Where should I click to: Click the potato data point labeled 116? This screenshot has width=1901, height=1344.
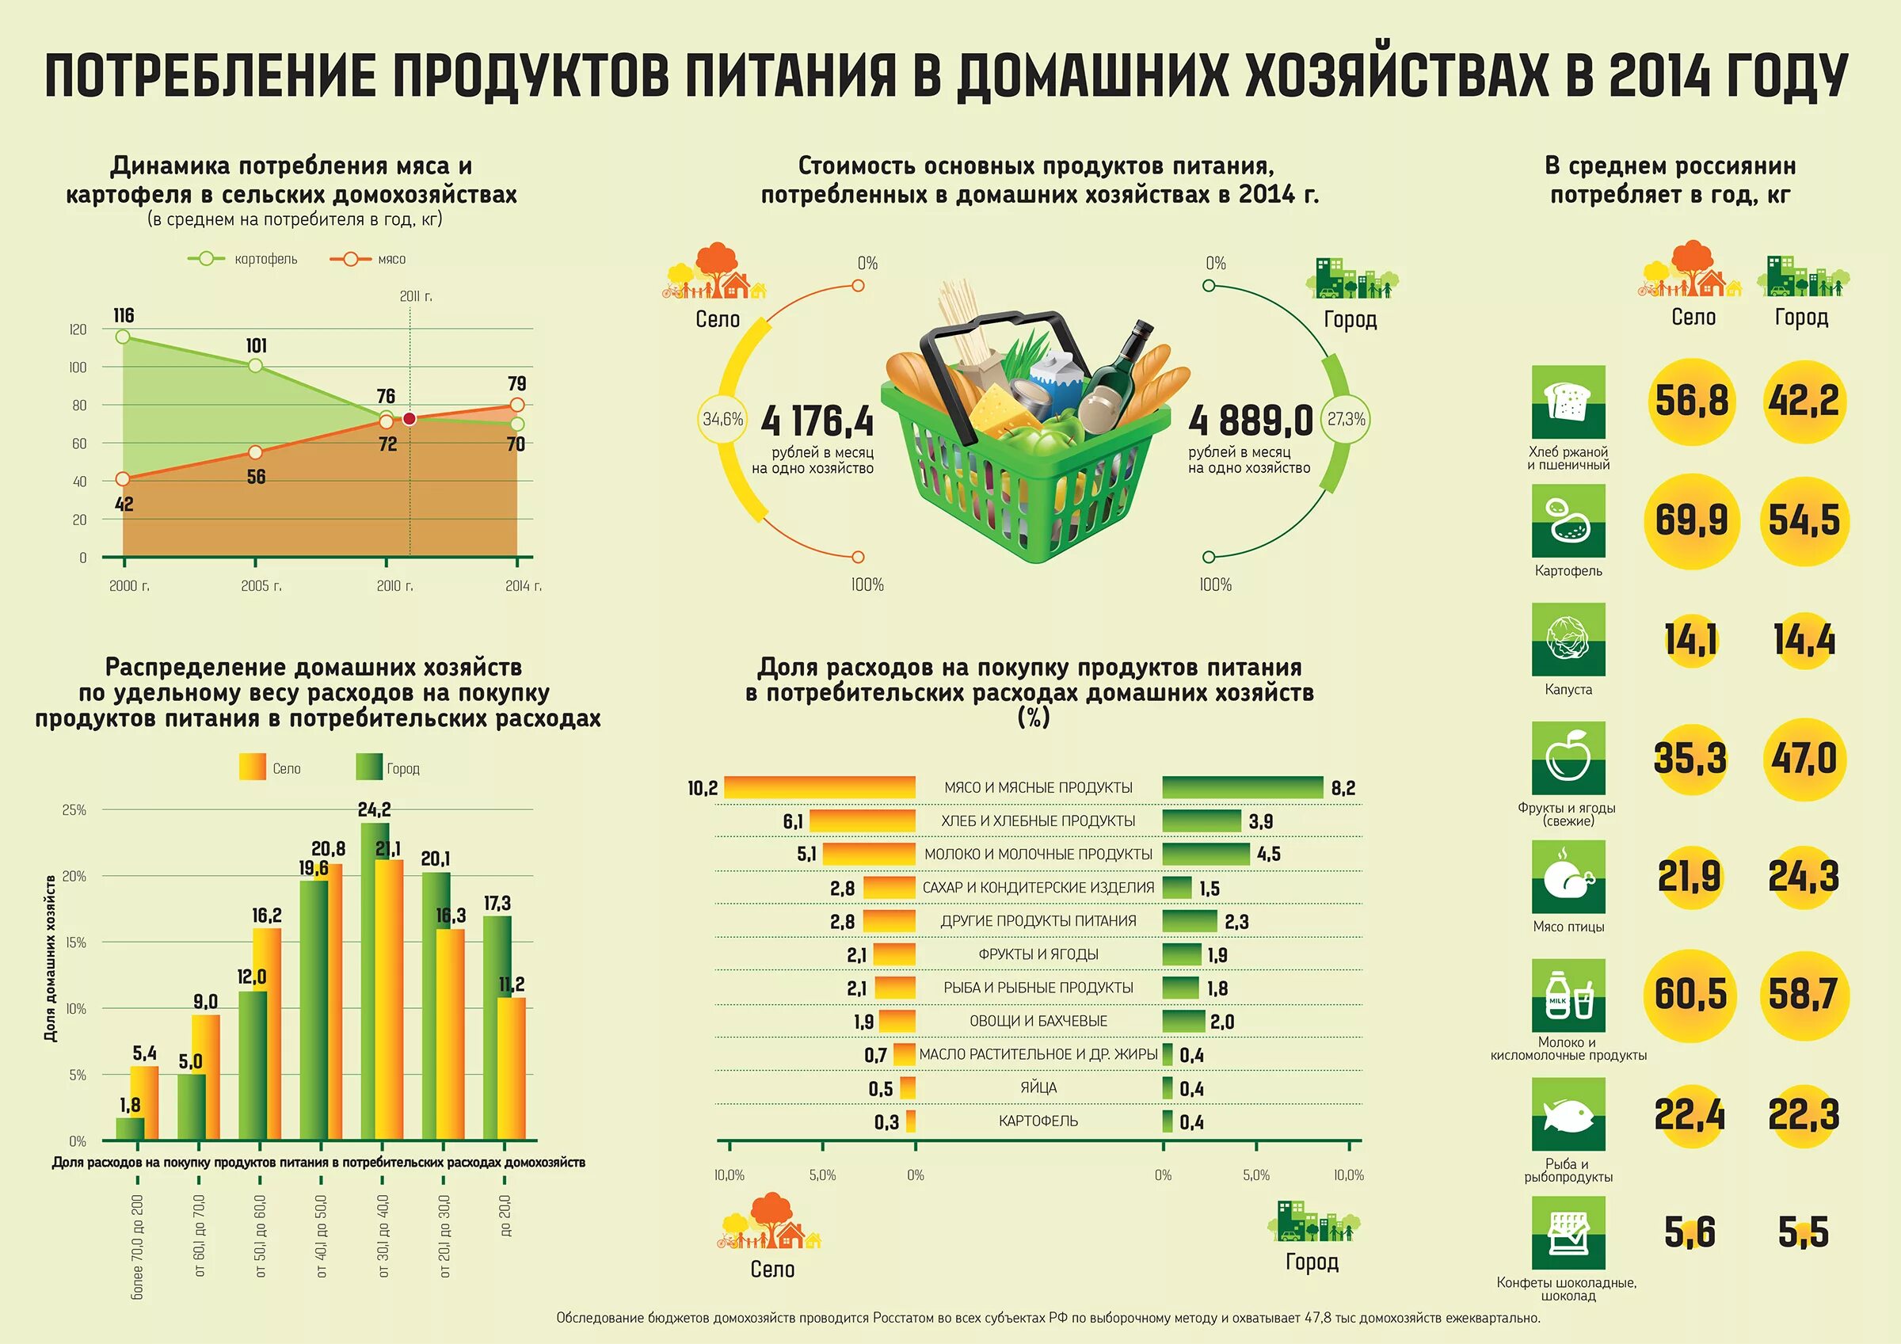(123, 337)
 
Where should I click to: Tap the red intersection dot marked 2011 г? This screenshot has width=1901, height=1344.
(409, 419)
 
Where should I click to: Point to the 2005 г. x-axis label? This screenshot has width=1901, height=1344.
(261, 585)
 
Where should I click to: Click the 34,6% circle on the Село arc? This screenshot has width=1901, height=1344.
(723, 419)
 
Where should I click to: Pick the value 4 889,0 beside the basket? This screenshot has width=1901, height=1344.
(1250, 421)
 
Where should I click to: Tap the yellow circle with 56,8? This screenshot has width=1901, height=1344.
(1690, 401)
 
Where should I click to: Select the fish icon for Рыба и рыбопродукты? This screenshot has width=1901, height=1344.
(1568, 1114)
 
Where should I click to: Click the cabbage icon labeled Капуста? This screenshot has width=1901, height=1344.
(1568, 638)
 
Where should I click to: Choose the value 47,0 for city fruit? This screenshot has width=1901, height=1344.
(1804, 759)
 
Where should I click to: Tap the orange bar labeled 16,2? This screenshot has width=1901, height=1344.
(268, 1035)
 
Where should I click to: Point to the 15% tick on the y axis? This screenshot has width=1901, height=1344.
(75, 942)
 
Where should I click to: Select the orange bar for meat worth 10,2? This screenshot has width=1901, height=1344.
(820, 787)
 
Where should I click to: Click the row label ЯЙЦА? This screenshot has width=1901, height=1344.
(1038, 1087)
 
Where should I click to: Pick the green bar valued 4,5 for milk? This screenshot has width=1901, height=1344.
(1206, 854)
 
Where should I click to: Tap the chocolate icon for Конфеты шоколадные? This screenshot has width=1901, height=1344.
(1568, 1233)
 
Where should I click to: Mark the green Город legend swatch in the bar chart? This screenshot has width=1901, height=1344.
(368, 767)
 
